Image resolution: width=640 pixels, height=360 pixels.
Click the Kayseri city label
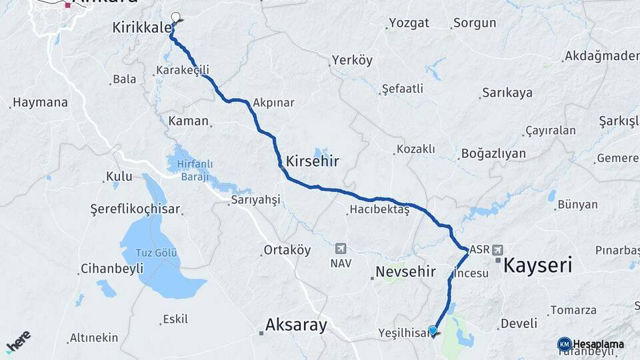pos(538,265)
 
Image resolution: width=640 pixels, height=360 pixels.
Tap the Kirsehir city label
pos(312,161)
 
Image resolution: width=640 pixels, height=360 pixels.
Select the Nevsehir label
pos(405,272)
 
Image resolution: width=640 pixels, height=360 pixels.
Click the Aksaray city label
pos(296,325)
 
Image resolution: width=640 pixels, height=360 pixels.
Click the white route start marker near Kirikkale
pos(176,17)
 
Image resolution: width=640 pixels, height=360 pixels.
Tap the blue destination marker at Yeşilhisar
pos(433,330)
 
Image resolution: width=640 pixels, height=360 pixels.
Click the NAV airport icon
pos(341,249)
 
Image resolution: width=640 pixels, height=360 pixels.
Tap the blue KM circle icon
pos(564,344)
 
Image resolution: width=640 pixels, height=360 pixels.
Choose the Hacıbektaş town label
pos(379,210)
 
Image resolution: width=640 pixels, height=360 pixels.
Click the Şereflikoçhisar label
pos(135,209)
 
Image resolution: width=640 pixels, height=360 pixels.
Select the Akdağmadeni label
pos(601,56)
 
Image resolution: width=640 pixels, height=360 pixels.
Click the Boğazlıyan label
pos(493,154)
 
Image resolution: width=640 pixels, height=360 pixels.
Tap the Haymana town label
pos(40,103)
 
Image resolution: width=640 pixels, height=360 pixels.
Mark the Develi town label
pos(519,324)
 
